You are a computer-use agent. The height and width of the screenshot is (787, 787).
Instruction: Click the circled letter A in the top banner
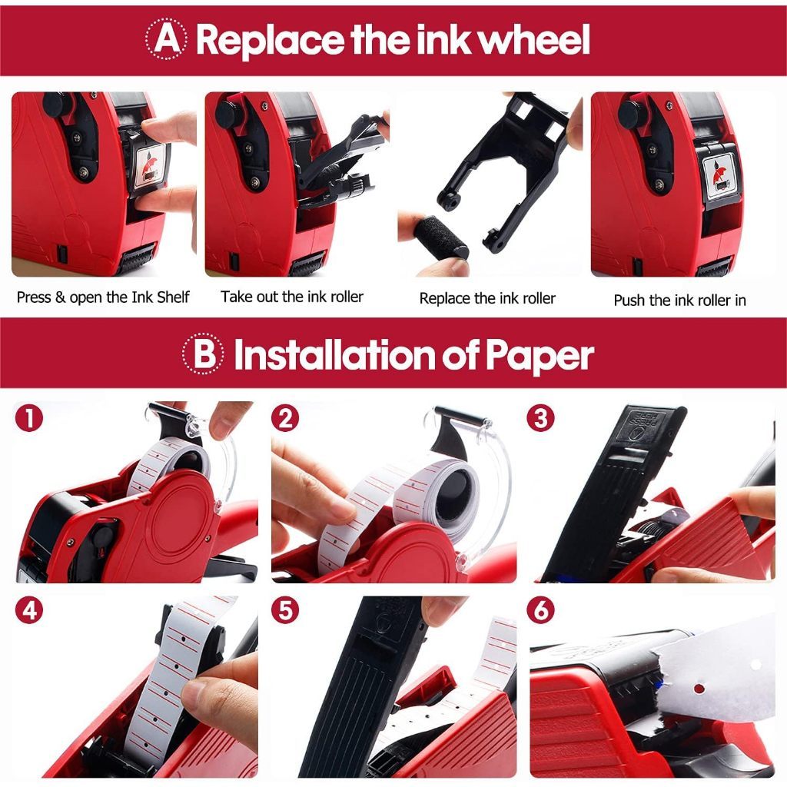click(167, 38)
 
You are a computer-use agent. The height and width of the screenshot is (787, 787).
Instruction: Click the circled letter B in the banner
click(203, 354)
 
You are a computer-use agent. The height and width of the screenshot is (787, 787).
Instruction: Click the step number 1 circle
click(30, 418)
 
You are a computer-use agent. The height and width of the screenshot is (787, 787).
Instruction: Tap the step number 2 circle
click(285, 418)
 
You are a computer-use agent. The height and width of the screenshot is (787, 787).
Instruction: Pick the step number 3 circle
click(540, 417)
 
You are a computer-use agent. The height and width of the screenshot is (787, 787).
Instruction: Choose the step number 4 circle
click(30, 610)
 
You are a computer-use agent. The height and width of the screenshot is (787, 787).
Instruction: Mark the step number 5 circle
click(285, 611)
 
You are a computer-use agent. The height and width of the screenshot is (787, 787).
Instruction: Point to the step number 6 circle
click(540, 610)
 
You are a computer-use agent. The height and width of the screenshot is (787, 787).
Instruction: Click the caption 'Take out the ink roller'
click(292, 297)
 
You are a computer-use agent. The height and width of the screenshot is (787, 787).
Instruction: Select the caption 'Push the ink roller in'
click(679, 301)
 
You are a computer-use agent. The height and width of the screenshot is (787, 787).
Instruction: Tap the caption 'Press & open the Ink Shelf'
click(103, 297)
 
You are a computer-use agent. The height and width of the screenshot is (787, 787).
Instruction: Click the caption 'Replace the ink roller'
click(487, 298)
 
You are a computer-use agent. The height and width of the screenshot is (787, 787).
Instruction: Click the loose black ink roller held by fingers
click(440, 237)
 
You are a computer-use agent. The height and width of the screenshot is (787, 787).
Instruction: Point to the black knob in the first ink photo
click(57, 105)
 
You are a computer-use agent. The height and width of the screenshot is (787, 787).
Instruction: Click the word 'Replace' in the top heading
click(270, 40)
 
